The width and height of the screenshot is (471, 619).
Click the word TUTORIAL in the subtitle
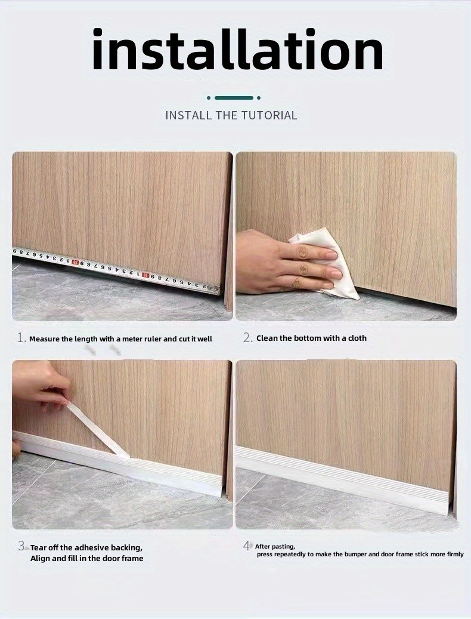269,115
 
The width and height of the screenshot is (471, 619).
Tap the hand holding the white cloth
280,263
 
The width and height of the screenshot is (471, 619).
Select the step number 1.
21,338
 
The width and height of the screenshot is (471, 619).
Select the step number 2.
247,338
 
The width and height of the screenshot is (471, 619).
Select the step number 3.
22,546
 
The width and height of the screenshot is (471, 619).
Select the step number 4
247,546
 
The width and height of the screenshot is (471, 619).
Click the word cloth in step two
357,338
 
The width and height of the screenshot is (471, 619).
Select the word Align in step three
41,558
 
